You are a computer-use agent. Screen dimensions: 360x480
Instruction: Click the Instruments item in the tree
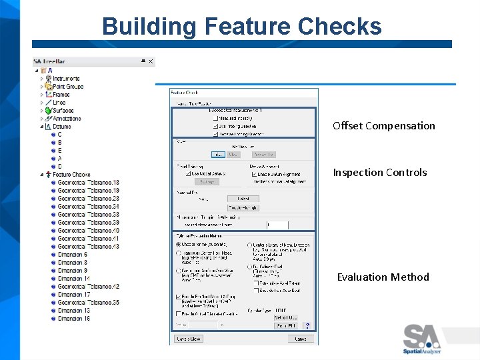[x=66, y=79]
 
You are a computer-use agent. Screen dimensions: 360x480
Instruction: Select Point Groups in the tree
[x=68, y=87]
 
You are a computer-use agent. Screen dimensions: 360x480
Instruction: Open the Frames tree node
[x=61, y=95]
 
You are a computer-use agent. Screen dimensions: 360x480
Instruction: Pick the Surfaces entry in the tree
[x=63, y=111]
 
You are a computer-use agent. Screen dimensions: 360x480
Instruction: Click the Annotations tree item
[x=67, y=119]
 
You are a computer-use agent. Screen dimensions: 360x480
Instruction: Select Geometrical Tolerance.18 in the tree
[x=88, y=183]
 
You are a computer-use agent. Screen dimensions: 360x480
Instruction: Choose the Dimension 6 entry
[x=72, y=255]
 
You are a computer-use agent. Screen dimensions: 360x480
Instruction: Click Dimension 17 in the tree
[x=73, y=295]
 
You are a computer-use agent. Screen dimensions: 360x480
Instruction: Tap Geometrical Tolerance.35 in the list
[x=88, y=303]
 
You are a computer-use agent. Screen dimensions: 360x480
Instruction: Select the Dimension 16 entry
[x=73, y=319]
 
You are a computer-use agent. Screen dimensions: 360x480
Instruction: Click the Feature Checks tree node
[x=71, y=175]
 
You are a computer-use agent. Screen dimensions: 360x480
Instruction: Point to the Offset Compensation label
[x=383, y=126]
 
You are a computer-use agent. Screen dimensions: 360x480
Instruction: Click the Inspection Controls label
[x=379, y=173]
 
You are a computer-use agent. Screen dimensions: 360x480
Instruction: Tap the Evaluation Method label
[x=383, y=277]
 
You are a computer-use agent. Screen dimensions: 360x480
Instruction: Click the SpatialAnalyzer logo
[x=421, y=339]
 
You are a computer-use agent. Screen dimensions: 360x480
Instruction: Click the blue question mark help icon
[x=308, y=325]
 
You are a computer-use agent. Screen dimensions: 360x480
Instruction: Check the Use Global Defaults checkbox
[x=189, y=174]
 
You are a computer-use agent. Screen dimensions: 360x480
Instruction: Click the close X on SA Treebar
[x=151, y=61]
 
